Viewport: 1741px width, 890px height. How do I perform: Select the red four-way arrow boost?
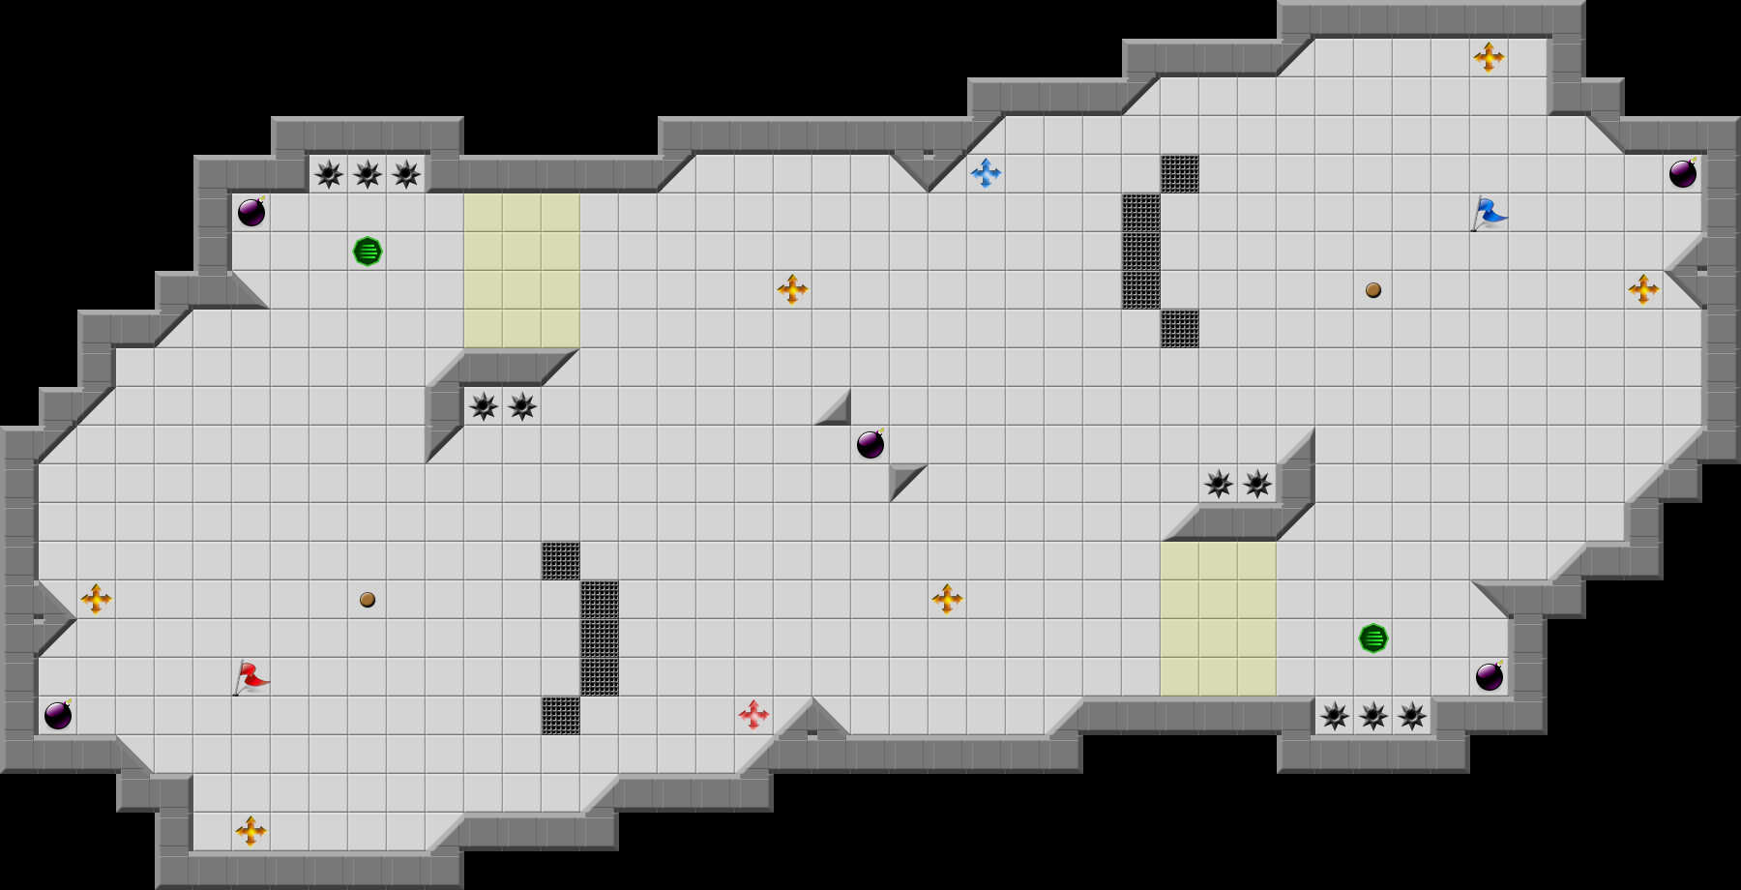click(x=753, y=715)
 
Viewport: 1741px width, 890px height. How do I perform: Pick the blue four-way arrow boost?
click(x=986, y=173)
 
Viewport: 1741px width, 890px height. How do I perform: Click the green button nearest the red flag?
click(x=368, y=252)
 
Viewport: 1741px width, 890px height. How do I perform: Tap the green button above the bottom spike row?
click(x=1373, y=638)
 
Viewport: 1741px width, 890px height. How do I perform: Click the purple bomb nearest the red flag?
click(x=58, y=716)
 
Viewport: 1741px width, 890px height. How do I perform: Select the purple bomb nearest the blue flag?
click(x=1683, y=174)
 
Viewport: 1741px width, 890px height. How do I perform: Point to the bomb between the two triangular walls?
click(x=870, y=445)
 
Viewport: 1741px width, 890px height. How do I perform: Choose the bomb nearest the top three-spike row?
click(x=251, y=213)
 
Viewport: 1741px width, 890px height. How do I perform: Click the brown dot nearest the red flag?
click(x=368, y=600)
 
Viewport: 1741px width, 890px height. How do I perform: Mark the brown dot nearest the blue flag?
click(x=1373, y=290)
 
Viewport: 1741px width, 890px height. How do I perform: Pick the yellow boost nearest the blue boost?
click(x=792, y=289)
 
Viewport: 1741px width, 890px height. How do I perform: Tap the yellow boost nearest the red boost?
click(x=947, y=599)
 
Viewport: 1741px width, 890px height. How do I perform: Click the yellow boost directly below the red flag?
click(x=251, y=831)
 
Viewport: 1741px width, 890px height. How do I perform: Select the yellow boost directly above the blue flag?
click(x=1489, y=57)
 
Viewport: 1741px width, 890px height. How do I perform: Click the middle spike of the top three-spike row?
click(x=368, y=174)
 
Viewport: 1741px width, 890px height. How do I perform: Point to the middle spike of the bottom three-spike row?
click(x=1373, y=716)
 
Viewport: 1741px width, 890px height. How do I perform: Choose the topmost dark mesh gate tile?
click(x=1180, y=174)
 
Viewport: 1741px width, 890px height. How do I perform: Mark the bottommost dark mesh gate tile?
click(x=561, y=716)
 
